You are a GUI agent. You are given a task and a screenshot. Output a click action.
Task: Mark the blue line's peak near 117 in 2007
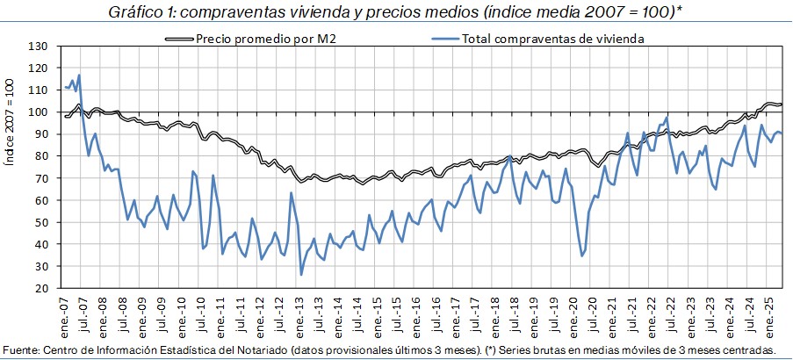[79, 75]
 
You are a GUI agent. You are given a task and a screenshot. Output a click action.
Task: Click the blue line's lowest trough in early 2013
[301, 275]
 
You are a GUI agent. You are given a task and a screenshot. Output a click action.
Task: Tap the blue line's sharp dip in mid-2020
[582, 256]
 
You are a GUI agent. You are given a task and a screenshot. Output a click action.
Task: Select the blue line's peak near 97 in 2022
[667, 117]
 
